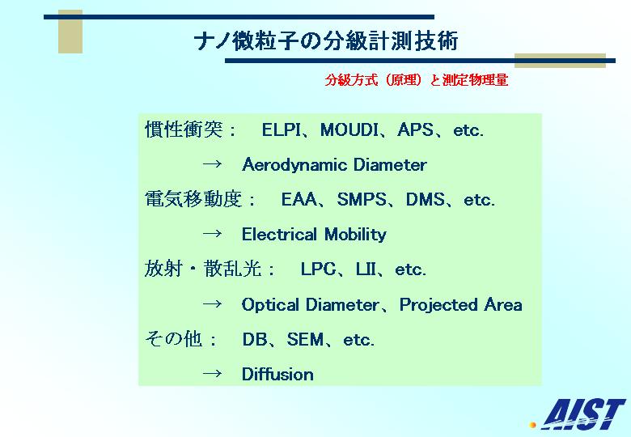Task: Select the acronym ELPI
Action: [x=282, y=130]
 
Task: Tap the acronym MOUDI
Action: [x=349, y=130]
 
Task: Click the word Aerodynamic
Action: [x=294, y=165]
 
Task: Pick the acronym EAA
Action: [x=299, y=200]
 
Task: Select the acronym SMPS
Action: [x=362, y=200]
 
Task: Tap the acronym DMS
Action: [x=426, y=200]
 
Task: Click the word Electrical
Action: [x=279, y=234]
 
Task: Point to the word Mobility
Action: [x=355, y=235]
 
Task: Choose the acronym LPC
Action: [x=318, y=269]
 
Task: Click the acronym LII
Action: [x=366, y=269]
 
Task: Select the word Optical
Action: [x=270, y=305]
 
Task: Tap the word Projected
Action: [x=438, y=305]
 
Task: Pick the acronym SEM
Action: [x=306, y=340]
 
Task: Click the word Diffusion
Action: [x=277, y=374]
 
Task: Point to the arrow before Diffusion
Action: [x=212, y=373]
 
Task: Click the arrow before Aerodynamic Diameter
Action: [x=212, y=163]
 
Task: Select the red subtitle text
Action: [x=417, y=80]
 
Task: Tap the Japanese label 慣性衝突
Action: [x=184, y=129]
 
